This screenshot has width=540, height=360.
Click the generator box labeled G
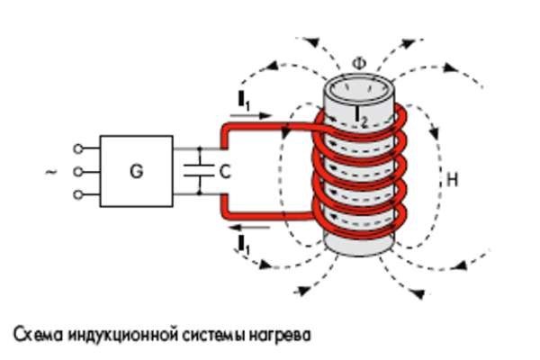(136, 170)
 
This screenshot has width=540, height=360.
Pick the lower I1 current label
(243, 240)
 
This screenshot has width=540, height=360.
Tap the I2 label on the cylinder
(362, 114)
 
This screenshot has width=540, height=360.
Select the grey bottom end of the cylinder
(357, 241)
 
